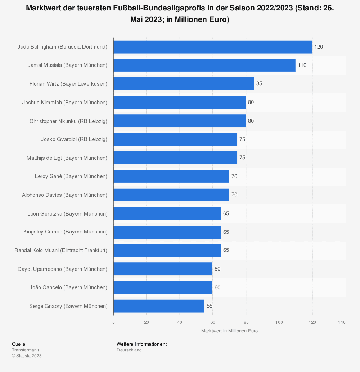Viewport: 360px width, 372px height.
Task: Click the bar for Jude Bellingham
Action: click(x=212, y=47)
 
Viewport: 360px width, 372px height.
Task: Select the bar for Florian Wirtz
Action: click(x=184, y=84)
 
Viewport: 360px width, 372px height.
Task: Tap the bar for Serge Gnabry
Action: click(x=159, y=306)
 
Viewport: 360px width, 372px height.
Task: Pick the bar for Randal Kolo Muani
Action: click(x=167, y=250)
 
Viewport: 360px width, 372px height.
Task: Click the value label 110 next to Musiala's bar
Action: click(x=302, y=65)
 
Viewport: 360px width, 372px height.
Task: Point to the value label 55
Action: click(x=210, y=306)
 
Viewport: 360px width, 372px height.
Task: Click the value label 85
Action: click(x=259, y=84)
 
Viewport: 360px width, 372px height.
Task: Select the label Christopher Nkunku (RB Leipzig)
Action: click(x=68, y=121)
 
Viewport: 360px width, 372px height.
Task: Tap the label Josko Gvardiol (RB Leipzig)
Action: click(x=74, y=139)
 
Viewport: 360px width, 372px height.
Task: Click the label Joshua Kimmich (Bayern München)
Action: click(x=65, y=102)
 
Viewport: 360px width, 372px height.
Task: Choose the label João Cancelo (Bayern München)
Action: click(x=68, y=287)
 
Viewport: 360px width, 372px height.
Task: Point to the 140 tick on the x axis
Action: click(x=342, y=322)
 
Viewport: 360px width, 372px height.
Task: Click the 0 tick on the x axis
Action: click(x=113, y=322)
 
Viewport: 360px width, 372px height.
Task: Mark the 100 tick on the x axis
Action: click(x=279, y=322)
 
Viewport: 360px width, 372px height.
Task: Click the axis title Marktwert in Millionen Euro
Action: click(x=229, y=331)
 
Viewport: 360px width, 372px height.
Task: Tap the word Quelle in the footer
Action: click(x=19, y=344)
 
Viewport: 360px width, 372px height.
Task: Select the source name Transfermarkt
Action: click(x=26, y=350)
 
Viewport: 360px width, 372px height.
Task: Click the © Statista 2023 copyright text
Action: click(x=27, y=356)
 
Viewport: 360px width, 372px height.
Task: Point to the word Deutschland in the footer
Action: click(x=129, y=350)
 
